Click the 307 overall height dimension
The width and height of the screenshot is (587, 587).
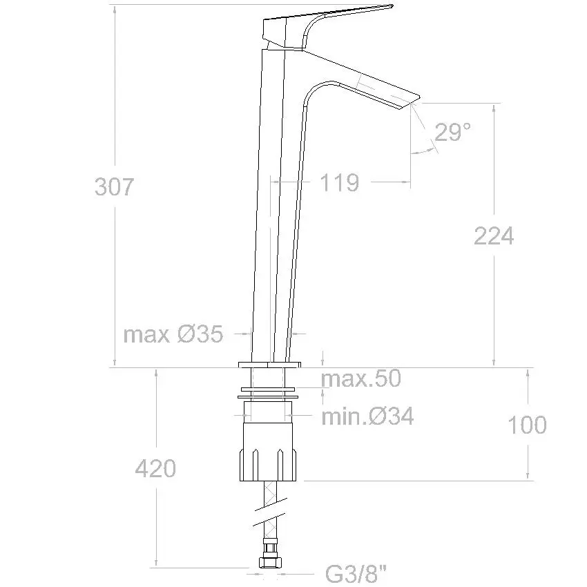pyautogui.click(x=114, y=187)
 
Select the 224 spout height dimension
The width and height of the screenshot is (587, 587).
pyautogui.click(x=494, y=236)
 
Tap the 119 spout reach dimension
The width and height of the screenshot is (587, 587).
pyautogui.click(x=340, y=182)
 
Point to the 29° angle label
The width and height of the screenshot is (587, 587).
pyautogui.click(x=452, y=132)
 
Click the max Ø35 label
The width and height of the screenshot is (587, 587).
pyautogui.click(x=173, y=334)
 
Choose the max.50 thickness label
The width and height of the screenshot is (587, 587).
pyautogui.click(x=361, y=378)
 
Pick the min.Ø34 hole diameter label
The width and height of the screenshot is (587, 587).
pyautogui.click(x=367, y=416)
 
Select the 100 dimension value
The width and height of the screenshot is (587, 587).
pyautogui.click(x=527, y=425)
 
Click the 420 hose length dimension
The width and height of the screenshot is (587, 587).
pyautogui.click(x=155, y=468)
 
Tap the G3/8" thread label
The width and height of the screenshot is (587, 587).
pyautogui.click(x=356, y=573)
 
